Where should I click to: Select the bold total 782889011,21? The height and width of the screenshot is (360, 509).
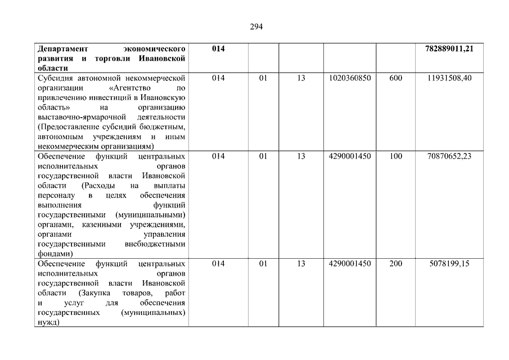[449, 49]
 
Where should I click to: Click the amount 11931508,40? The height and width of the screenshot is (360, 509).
[449, 78]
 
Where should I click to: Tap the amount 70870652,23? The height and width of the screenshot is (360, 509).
[449, 156]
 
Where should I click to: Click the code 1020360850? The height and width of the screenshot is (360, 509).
[350, 78]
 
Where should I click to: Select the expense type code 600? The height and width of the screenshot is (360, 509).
[395, 78]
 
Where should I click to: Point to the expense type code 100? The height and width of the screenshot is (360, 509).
[395, 156]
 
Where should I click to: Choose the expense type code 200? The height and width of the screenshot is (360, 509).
[395, 264]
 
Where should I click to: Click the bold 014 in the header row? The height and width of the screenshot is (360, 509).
[218, 49]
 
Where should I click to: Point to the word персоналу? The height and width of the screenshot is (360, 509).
[55, 195]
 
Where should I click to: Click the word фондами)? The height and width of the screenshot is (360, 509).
[53, 253]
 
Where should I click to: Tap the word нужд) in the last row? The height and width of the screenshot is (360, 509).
[48, 323]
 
